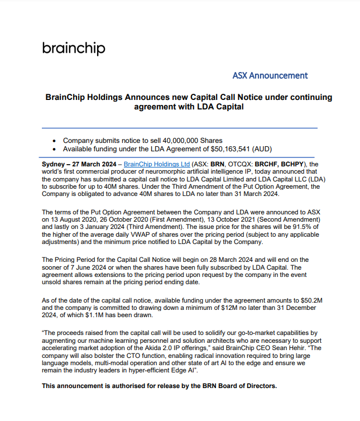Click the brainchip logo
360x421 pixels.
coord(73,48)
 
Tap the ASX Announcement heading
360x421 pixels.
coord(270,75)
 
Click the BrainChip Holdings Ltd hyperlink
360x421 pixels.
coord(156,164)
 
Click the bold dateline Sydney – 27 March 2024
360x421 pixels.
coord(79,164)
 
